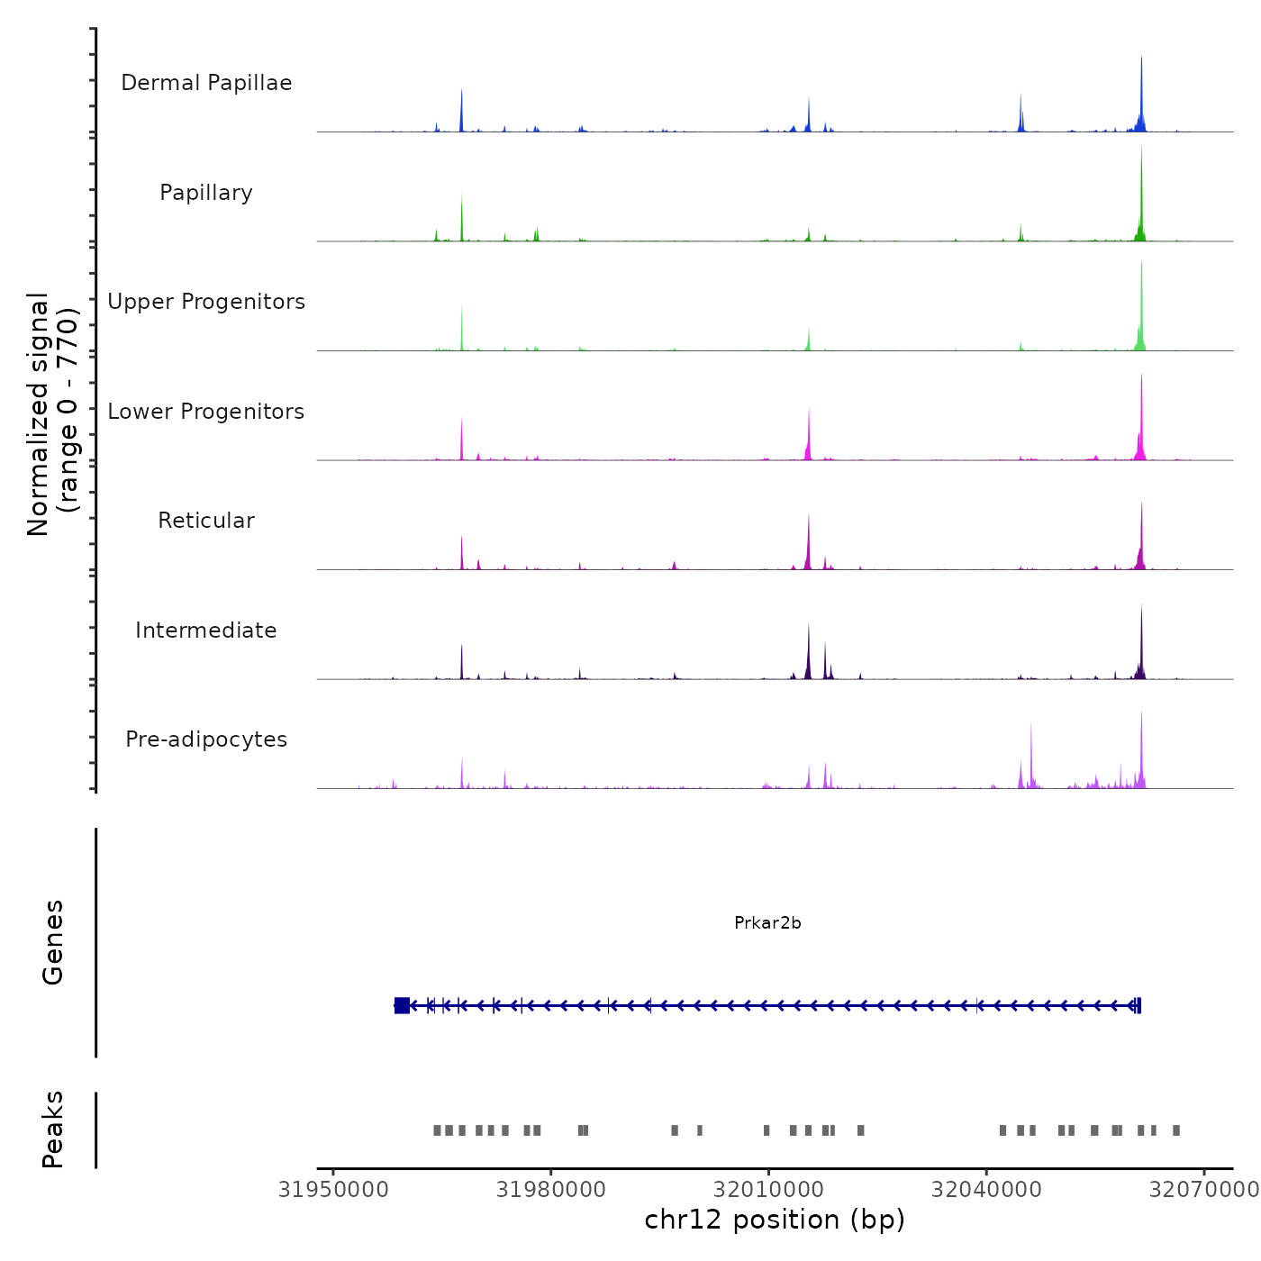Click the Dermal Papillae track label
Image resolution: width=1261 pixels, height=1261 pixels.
click(206, 83)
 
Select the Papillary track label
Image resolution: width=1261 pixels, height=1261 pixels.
click(206, 193)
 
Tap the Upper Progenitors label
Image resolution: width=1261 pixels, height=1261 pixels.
click(206, 302)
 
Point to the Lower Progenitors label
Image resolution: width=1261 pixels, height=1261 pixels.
click(206, 412)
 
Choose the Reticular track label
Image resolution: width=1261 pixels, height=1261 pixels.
click(206, 521)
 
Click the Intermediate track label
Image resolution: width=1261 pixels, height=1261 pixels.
click(206, 630)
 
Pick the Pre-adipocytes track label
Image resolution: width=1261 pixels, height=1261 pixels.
click(206, 739)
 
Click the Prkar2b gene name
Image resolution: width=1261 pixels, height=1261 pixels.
click(767, 923)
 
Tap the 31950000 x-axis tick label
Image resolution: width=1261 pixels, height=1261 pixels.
click(333, 1190)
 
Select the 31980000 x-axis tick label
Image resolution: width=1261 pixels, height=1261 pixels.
click(551, 1190)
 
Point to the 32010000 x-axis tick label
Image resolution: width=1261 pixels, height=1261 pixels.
click(768, 1190)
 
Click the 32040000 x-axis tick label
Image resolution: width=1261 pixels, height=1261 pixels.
click(986, 1190)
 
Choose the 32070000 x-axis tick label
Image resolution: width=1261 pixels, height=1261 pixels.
click(1203, 1190)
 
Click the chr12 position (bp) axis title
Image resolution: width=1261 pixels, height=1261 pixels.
click(775, 1220)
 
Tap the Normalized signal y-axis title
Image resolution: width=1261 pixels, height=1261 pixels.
click(52, 414)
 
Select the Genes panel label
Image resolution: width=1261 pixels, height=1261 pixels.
click(53, 942)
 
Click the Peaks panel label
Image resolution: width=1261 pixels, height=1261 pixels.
click(53, 1129)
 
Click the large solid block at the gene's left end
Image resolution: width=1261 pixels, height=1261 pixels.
click(402, 1005)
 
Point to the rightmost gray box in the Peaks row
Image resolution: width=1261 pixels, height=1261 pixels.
click(1175, 1130)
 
